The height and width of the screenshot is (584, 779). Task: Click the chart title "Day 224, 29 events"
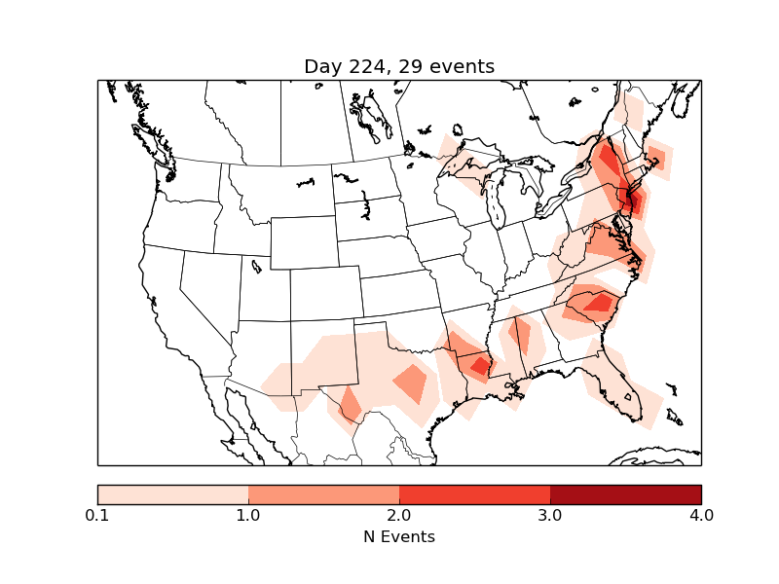click(399, 66)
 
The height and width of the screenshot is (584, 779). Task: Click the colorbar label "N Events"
click(399, 536)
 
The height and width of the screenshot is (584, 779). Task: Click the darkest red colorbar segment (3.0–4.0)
click(625, 494)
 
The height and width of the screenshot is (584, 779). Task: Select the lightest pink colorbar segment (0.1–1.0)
click(173, 494)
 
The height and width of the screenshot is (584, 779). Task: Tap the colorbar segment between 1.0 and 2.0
click(323, 494)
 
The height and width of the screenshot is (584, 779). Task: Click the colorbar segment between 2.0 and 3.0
click(474, 494)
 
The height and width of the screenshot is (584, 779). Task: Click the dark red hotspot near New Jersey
click(631, 202)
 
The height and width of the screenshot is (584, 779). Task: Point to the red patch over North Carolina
click(596, 303)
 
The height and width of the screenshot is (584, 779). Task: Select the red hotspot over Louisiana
click(478, 365)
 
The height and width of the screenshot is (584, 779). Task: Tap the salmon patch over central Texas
click(411, 383)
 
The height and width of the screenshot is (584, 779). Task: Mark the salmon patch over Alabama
click(519, 336)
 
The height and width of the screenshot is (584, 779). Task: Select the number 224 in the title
click(366, 66)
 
